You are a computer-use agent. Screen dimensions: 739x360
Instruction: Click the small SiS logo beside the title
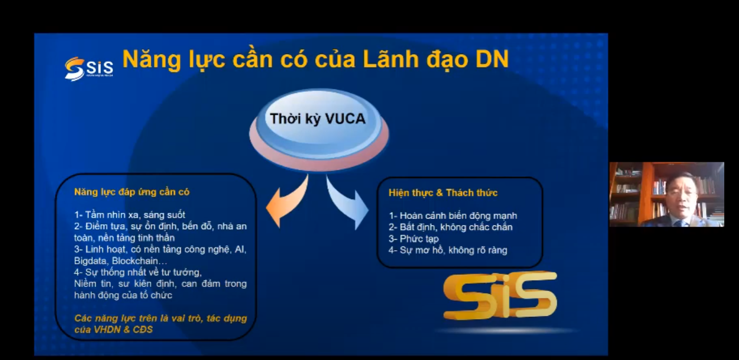[x=89, y=69]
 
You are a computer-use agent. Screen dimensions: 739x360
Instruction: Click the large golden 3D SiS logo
[x=500, y=296]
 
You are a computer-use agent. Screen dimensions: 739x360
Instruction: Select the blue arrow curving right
[x=348, y=203]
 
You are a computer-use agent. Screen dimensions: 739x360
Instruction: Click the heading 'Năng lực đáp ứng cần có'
[x=132, y=192]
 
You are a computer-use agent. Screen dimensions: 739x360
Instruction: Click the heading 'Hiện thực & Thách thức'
[x=443, y=193]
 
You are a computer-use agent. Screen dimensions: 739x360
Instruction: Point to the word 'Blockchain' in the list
[x=135, y=261]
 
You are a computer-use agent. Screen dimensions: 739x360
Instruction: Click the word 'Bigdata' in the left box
[x=91, y=261]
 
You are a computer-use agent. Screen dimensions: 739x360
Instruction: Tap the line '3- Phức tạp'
[x=414, y=239]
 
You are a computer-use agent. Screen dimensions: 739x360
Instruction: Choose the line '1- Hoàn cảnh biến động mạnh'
[x=453, y=216]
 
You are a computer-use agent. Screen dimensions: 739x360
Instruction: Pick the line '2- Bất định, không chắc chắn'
[x=450, y=227]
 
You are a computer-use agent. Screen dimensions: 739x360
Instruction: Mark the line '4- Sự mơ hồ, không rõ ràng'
[x=448, y=250]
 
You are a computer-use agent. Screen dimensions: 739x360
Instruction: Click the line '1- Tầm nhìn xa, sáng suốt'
[x=130, y=215]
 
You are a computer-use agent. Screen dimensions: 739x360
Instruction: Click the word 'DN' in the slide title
[x=492, y=59]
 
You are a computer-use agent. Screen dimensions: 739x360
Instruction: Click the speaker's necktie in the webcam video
[x=680, y=223]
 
